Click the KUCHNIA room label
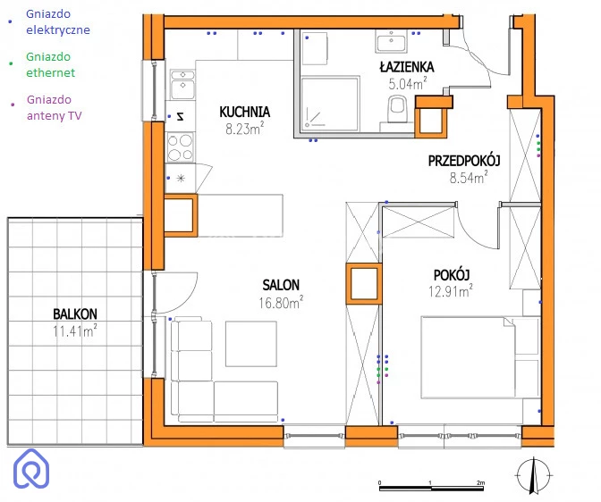245,112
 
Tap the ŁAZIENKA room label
407,67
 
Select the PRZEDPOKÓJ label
464,161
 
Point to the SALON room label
281,285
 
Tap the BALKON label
75,314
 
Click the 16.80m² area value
281,303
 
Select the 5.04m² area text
408,83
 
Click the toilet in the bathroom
397,108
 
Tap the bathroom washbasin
392,42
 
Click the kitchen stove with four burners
180,147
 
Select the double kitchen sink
182,85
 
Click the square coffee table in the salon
251,344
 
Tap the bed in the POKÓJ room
480,357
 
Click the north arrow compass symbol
534,475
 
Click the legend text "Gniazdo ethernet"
50,64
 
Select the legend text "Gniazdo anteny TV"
54,107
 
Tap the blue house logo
31,468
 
